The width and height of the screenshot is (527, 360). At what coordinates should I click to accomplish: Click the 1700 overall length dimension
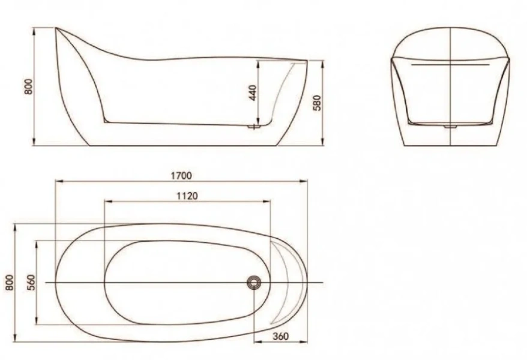pos(181,175)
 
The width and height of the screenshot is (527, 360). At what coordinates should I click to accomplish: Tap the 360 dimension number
pos(280,336)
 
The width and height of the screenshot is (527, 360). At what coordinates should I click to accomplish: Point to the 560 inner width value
pos(31,281)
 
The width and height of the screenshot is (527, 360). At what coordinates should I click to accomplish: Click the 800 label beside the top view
pos(8,282)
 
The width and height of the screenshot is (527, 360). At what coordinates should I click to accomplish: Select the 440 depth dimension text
pos(253,92)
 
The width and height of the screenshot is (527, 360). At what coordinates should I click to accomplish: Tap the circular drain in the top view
pos(255,282)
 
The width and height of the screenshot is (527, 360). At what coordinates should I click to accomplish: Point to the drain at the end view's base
pos(450,127)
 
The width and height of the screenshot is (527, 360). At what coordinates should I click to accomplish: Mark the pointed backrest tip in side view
pos(56,28)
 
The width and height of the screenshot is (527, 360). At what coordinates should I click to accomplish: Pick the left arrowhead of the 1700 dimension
pos(57,180)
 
